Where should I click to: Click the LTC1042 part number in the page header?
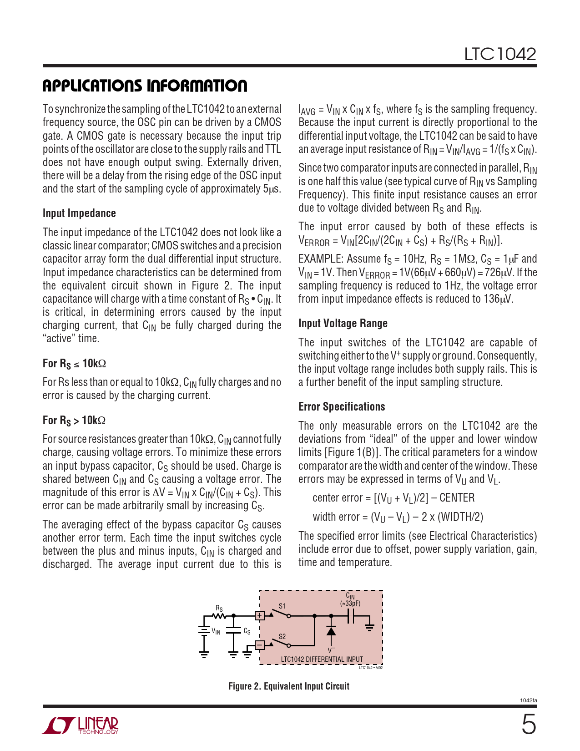(x=500, y=54)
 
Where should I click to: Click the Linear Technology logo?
(x=81, y=726)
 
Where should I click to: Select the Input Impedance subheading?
(x=79, y=213)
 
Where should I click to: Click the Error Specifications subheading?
(x=342, y=407)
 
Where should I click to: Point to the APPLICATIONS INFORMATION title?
(x=145, y=86)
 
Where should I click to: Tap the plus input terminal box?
(x=259, y=615)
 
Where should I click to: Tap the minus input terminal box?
(x=259, y=645)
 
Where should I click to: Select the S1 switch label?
(x=282, y=606)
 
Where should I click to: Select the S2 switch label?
(x=282, y=637)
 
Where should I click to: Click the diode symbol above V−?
(x=331, y=631)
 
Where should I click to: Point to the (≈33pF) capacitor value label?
(x=350, y=604)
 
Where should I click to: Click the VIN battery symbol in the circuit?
(x=204, y=630)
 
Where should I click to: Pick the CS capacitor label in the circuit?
(x=247, y=631)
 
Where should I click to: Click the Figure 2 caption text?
(x=289, y=686)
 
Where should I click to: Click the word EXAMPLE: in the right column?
(x=321, y=259)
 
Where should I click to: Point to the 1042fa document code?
(x=528, y=700)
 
